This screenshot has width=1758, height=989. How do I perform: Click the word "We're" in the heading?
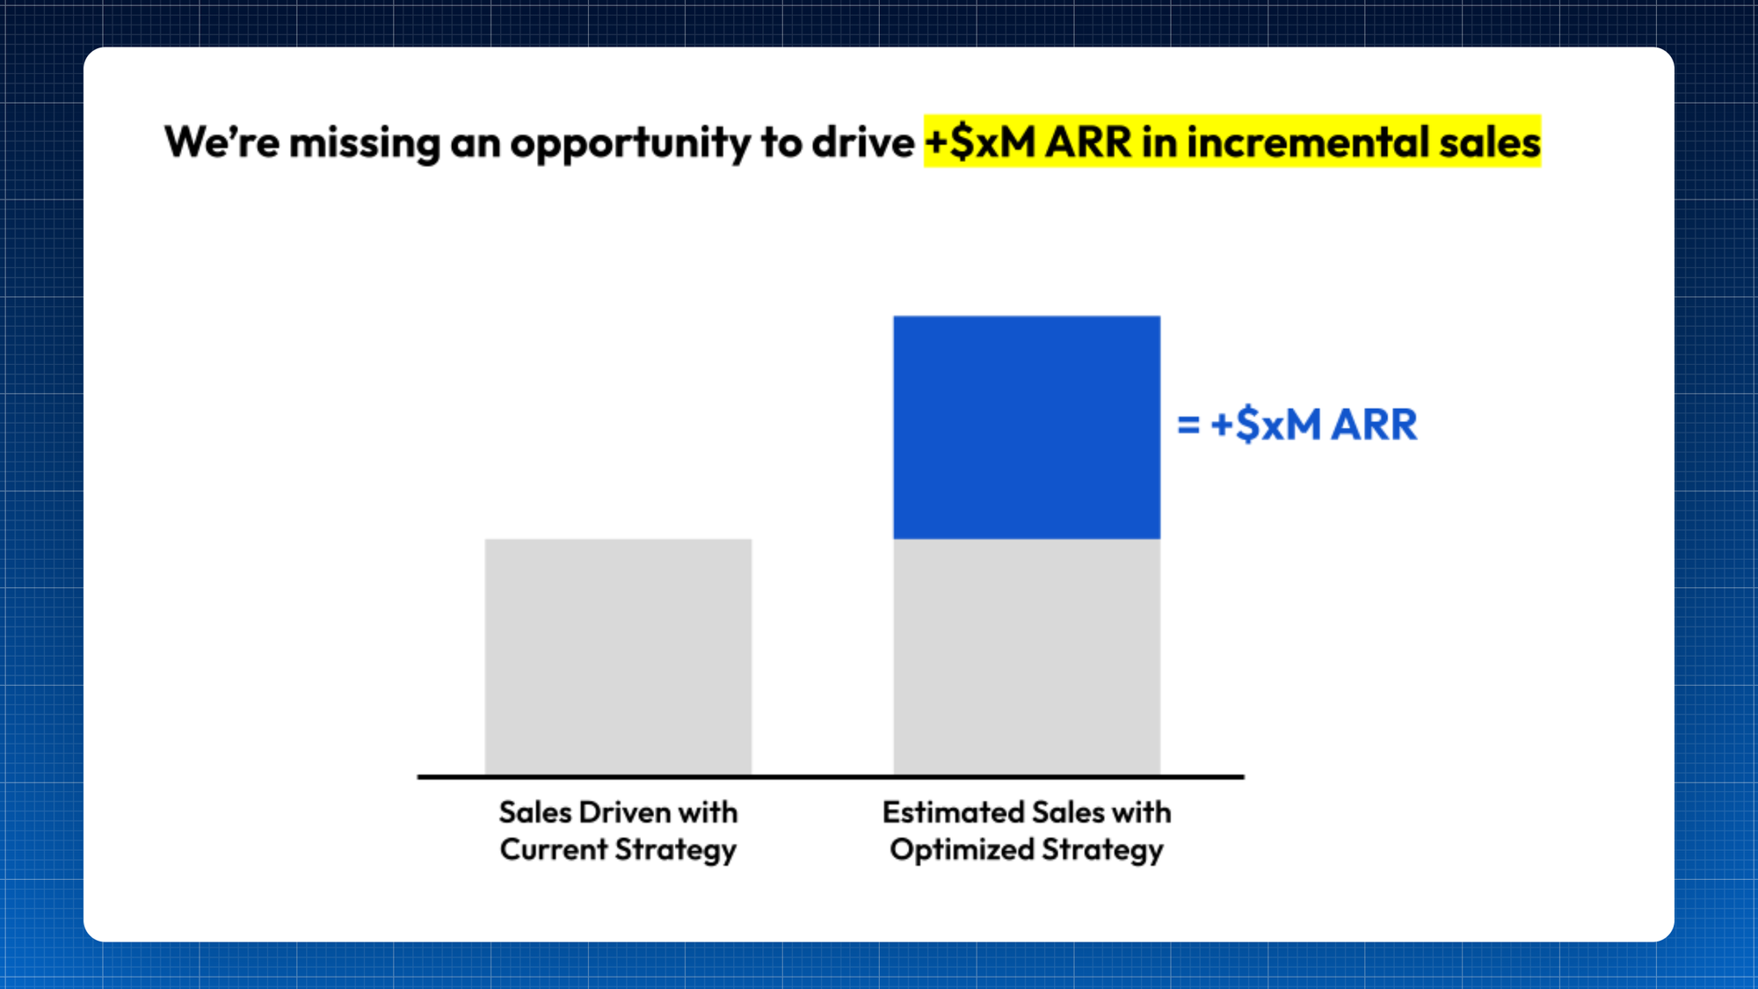tap(222, 142)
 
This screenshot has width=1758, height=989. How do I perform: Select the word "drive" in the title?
tap(863, 142)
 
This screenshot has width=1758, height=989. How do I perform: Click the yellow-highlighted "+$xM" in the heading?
tap(981, 142)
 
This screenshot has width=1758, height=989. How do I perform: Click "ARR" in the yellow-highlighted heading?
tap(1089, 142)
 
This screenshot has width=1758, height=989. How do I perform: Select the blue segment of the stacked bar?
tap(1027, 427)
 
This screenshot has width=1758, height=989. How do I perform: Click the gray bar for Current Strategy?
tap(618, 657)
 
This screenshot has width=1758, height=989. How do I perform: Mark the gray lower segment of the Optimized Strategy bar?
tap(1027, 657)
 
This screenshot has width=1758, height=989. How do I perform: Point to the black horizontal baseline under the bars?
tap(831, 777)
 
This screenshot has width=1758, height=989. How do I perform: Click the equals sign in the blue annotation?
tap(1188, 425)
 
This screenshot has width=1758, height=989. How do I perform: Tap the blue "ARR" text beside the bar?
tap(1374, 425)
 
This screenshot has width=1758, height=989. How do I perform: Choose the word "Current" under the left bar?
tap(554, 849)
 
